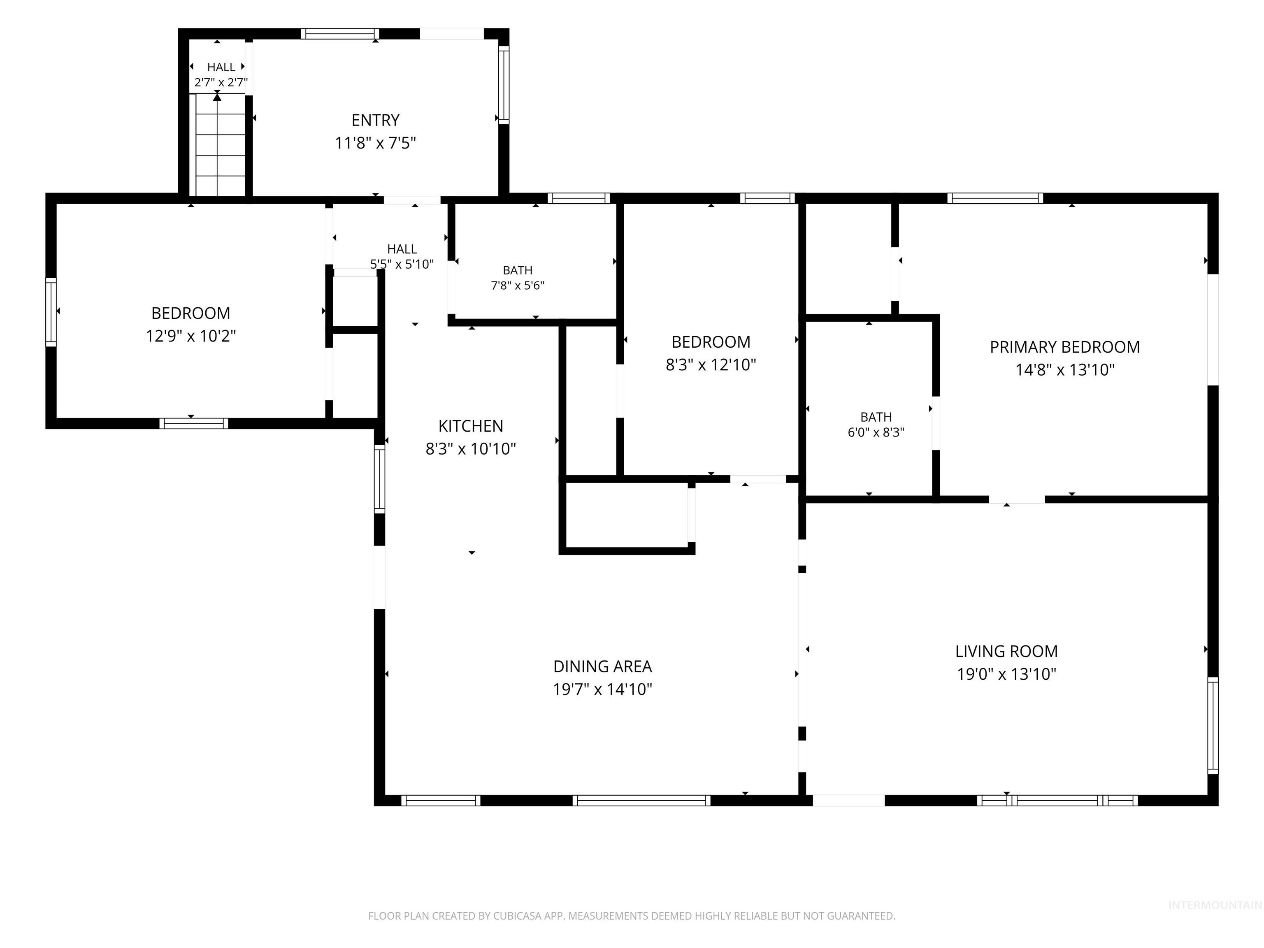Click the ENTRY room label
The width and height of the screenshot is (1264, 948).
pyautogui.click(x=375, y=120)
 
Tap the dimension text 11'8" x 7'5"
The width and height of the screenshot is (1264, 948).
pyautogui.click(x=375, y=143)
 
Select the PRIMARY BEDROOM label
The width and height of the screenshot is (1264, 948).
pyautogui.click(x=1064, y=347)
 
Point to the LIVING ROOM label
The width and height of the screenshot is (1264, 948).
pyautogui.click(x=1006, y=651)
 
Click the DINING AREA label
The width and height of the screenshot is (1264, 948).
pyautogui.click(x=602, y=666)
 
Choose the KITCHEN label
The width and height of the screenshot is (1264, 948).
pyautogui.click(x=471, y=426)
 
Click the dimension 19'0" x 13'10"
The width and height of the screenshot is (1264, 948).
pyautogui.click(x=1006, y=674)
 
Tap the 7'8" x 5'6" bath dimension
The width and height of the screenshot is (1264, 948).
pyautogui.click(x=518, y=286)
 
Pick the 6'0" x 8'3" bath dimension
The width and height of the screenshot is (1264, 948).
pyautogui.click(x=876, y=432)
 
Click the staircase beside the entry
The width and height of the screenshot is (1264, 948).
pyautogui.click(x=221, y=145)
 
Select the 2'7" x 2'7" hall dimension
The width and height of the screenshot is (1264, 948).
pyautogui.click(x=221, y=82)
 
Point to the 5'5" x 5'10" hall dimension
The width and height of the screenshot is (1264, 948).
pyautogui.click(x=402, y=264)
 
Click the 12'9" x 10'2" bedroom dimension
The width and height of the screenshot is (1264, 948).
pyautogui.click(x=191, y=336)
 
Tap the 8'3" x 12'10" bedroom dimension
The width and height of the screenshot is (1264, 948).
pyautogui.click(x=711, y=365)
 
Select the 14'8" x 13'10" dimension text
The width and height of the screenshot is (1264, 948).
pyautogui.click(x=1064, y=370)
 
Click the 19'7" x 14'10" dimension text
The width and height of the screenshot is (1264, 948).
pyautogui.click(x=602, y=689)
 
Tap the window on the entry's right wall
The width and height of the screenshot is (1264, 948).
pyautogui.click(x=504, y=85)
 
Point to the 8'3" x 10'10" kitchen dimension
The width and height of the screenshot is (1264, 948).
pyautogui.click(x=471, y=448)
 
